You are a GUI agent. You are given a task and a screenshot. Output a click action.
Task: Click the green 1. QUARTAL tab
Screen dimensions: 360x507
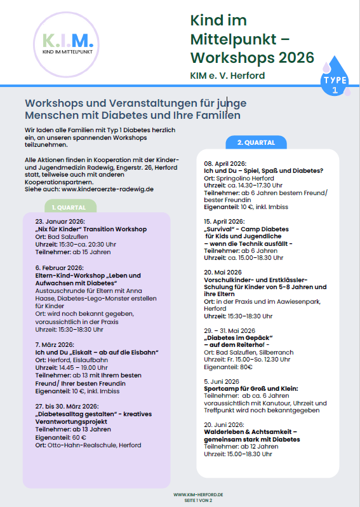click(x=70, y=206)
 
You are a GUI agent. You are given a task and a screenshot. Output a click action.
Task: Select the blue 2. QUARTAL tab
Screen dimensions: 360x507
click(x=256, y=142)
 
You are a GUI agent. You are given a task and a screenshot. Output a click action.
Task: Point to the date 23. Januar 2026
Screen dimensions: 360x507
click(x=60, y=222)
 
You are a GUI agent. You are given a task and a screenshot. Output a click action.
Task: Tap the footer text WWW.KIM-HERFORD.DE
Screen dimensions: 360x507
click(x=197, y=493)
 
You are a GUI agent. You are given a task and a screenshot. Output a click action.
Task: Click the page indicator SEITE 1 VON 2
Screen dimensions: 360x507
click(x=198, y=499)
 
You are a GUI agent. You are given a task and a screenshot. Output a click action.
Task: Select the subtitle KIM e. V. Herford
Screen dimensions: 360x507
click(x=227, y=76)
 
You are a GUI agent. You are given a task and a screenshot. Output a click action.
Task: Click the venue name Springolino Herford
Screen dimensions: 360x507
click(x=242, y=178)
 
